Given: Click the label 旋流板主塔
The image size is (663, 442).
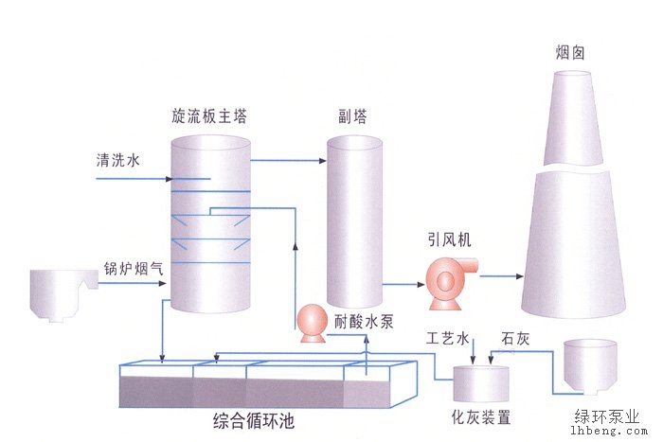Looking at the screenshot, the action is (209, 115).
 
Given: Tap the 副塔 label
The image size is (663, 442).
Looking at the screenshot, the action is (352, 115).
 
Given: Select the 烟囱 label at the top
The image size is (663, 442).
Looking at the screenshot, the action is (570, 53).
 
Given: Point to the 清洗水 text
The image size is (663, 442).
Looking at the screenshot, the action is (117, 160).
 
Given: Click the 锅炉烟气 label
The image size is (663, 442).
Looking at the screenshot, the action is (134, 269).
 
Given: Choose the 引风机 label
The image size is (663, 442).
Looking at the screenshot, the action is (450, 239).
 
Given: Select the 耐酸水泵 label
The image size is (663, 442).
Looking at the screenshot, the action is (364, 322).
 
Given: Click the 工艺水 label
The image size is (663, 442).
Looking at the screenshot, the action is (448, 339).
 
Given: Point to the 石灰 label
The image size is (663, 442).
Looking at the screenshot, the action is (515, 339).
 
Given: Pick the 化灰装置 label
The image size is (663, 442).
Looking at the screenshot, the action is (481, 417).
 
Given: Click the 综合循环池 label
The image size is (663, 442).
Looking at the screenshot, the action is (254, 421).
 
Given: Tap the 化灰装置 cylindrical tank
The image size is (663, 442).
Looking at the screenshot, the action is (481, 383).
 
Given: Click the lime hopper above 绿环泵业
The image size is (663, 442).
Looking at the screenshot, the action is (590, 366).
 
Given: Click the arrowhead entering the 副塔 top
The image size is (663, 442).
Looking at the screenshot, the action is (323, 161).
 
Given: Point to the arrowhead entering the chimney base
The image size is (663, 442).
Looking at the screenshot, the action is (520, 276).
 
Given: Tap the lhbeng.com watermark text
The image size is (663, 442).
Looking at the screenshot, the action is (609, 431).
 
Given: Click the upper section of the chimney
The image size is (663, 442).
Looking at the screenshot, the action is (573, 118).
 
